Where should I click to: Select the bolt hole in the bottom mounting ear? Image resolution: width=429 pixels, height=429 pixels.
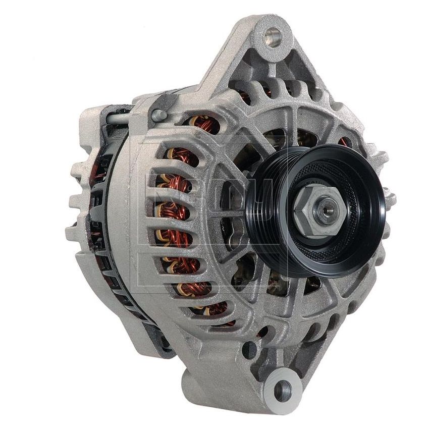click(x=283, y=389)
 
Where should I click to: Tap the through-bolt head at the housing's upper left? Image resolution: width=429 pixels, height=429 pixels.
click(x=160, y=115)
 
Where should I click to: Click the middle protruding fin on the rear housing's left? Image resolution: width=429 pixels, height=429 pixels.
click(x=76, y=202)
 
